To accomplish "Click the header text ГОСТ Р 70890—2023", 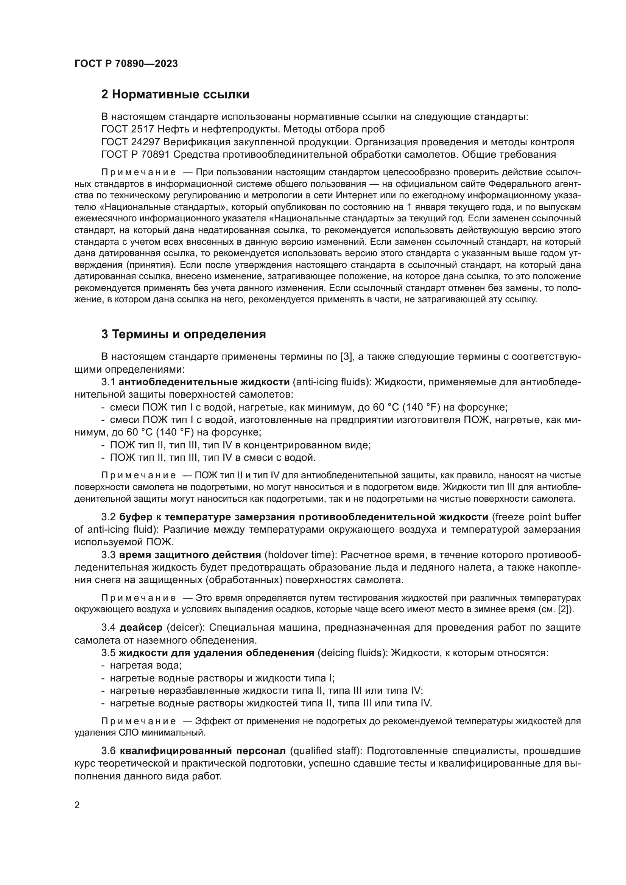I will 126,64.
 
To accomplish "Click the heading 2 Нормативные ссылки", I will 175,95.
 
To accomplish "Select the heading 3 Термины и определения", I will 184,334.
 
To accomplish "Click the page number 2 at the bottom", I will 77,805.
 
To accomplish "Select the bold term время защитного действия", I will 190,555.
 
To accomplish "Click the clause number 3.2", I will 108,517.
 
